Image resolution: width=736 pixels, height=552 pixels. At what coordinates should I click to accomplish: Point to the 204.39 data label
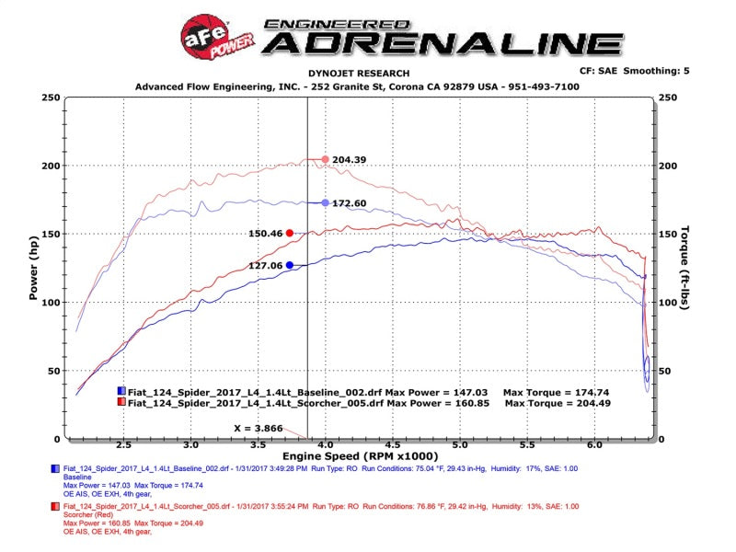(351, 159)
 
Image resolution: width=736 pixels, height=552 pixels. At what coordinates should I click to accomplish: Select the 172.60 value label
(350, 202)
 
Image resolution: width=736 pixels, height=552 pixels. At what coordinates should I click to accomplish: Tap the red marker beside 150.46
(289, 234)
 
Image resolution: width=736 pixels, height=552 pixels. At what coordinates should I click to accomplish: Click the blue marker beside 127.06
(289, 265)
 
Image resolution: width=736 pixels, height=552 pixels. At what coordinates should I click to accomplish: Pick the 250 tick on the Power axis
(52, 98)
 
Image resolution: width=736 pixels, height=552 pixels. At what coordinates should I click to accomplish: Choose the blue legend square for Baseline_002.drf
(121, 392)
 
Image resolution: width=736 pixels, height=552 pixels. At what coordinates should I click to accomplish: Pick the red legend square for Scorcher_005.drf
(121, 403)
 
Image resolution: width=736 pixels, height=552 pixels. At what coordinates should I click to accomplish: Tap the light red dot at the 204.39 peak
(325, 159)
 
